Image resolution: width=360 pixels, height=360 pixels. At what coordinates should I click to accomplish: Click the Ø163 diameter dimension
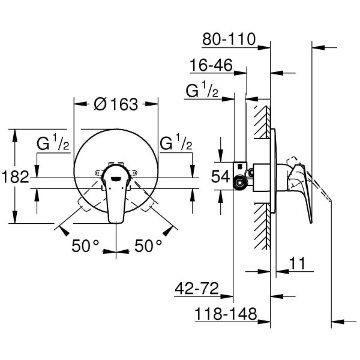pos(116,104)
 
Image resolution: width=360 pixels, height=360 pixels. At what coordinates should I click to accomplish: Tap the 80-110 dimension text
pos(229,41)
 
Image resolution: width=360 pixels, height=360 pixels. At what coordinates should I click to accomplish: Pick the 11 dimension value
pos(295,263)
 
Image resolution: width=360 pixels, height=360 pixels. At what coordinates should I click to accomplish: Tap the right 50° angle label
pos(148,245)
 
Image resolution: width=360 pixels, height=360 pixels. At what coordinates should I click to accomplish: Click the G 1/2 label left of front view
pos(53,145)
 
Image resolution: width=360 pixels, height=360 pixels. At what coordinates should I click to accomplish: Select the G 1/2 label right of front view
pos(176,145)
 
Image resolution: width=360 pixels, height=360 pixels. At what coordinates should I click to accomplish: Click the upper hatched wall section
pos(262,123)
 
